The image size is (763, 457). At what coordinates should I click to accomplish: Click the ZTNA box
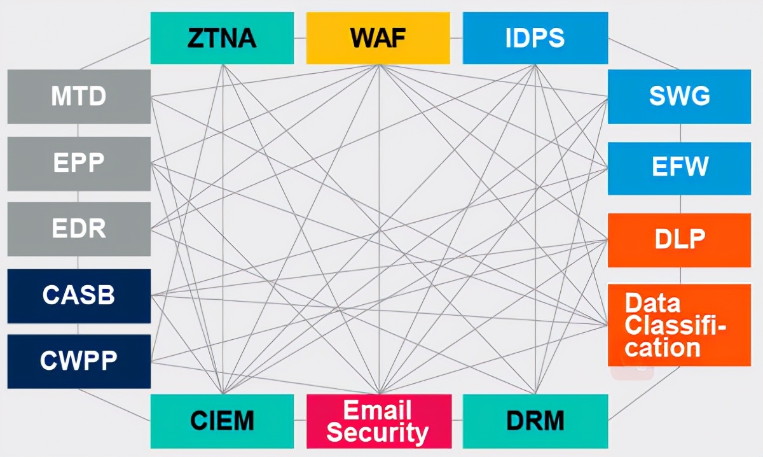222,38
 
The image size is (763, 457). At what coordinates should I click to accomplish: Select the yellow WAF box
378,38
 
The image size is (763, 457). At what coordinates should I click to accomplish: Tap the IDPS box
535,38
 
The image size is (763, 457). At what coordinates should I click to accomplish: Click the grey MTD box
79,97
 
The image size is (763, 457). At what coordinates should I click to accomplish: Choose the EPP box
79,163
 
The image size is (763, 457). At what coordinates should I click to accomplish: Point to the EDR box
79,229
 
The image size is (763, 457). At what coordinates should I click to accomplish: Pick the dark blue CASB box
79,295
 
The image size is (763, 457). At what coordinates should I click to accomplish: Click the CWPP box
79,361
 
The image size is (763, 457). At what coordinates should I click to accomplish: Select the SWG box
679,97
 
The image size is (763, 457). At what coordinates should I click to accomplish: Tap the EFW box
679,168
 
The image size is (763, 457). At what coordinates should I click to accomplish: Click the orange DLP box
679,240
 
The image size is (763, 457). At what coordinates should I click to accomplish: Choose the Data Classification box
679,325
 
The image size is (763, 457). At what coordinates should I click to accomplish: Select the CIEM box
222,421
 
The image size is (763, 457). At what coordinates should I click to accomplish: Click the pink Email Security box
378,421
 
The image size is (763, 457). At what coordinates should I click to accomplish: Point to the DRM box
535,421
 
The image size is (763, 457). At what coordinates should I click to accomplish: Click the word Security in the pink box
378,433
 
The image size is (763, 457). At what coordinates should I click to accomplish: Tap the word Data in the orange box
652,304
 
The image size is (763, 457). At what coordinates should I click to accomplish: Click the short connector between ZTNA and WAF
300,38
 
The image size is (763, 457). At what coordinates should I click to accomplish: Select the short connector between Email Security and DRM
457,421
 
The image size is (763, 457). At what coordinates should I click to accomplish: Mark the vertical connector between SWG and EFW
680,132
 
